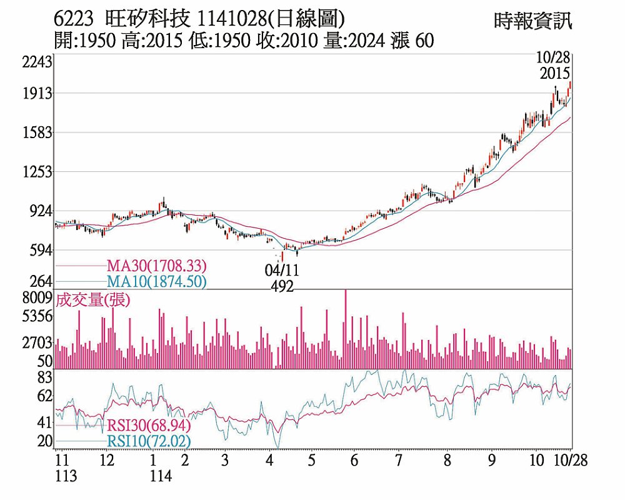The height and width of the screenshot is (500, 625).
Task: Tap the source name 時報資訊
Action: [532, 21]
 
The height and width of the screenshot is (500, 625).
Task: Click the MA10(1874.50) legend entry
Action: [156, 282]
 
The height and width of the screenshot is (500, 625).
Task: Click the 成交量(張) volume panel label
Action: [93, 300]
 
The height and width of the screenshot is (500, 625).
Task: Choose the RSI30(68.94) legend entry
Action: [147, 426]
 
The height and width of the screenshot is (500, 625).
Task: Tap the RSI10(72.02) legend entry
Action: [147, 441]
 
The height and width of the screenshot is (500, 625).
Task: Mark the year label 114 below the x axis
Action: [161, 476]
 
